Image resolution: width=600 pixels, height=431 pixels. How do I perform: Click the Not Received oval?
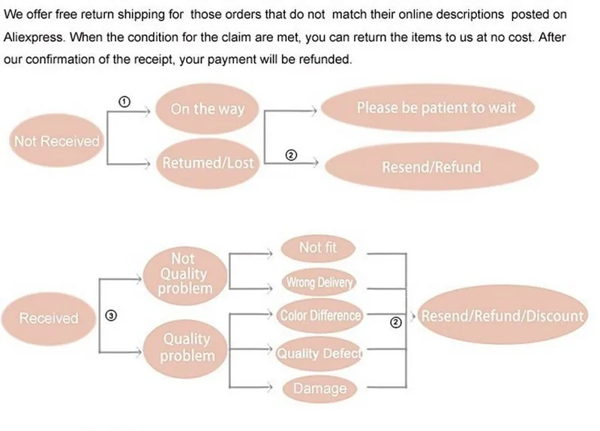point(56,141)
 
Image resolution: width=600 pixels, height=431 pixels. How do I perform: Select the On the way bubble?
point(207,109)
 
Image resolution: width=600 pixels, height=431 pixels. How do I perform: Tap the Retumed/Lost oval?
point(207,162)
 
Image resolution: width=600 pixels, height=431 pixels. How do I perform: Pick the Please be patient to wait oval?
point(436,107)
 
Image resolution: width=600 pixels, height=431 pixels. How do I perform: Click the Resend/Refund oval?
point(431,167)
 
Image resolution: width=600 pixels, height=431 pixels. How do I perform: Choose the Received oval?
point(49,318)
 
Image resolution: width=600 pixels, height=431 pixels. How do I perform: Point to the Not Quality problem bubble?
point(184,273)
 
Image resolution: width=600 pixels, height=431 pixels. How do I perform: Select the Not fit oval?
point(318,247)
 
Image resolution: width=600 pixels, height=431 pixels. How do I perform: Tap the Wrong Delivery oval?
point(318,282)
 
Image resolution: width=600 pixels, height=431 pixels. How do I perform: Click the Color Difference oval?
point(319,316)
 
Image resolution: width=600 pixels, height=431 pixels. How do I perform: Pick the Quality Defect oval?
point(319,353)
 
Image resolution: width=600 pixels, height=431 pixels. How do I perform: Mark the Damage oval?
point(319,388)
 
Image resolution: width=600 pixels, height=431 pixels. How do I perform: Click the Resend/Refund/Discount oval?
point(502,316)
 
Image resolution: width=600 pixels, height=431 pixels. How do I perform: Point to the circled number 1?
point(124,101)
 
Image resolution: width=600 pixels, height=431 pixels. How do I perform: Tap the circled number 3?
point(111,316)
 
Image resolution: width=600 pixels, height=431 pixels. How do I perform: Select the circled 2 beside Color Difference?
point(397,323)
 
